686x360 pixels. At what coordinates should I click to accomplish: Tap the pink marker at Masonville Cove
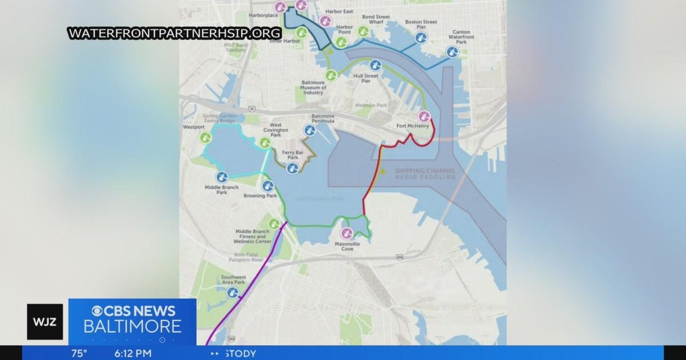(347, 233)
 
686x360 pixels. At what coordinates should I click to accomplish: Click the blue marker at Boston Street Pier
(421, 38)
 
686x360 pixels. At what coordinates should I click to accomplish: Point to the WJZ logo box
(45, 322)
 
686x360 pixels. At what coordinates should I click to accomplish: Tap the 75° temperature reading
(79, 353)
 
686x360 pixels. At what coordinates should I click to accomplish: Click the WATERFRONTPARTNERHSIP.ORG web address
(174, 33)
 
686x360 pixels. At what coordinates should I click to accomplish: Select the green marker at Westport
(206, 138)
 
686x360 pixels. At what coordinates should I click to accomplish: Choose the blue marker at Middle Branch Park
(222, 177)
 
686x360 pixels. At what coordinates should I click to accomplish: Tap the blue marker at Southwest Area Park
(233, 293)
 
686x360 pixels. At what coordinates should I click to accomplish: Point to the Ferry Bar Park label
(293, 155)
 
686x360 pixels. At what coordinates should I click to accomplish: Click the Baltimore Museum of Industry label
(313, 87)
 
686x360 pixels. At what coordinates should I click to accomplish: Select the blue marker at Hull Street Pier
(375, 65)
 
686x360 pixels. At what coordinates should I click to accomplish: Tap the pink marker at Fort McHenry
(424, 116)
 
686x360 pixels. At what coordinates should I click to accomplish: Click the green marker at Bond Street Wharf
(363, 31)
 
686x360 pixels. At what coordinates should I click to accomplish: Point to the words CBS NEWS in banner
(133, 311)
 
